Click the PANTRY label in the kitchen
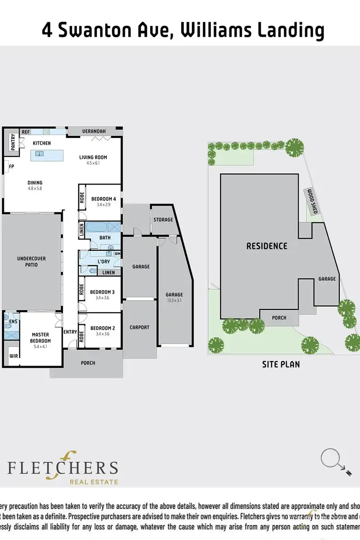pos(13,143)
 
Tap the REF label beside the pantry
pos(25,132)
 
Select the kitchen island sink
pos(39,154)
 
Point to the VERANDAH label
pos(94,131)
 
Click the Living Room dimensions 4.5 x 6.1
pos(93,163)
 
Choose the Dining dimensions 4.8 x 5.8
pos(35,188)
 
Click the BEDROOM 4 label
pos(103,199)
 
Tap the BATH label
pos(105,237)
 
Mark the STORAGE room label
pos(163,220)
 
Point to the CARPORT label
pos(140,328)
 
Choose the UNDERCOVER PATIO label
pos(31,261)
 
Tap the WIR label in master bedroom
pos(13,356)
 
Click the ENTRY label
pos(70,332)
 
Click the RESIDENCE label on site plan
pos(267,246)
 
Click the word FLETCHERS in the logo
pos(62,467)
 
